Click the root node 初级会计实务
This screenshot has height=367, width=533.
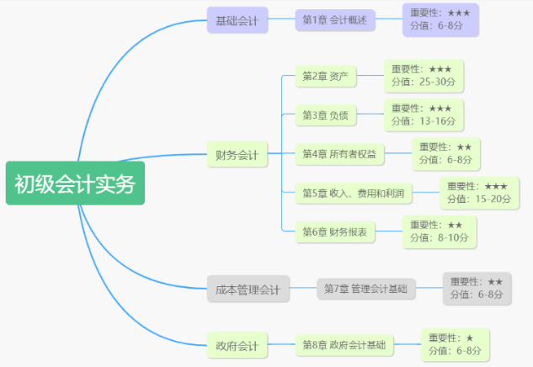[75, 183]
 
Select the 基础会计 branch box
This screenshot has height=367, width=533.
[237, 20]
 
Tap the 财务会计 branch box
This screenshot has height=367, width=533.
[237, 155]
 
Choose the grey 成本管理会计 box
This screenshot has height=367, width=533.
[248, 290]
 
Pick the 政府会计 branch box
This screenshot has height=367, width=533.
[237, 344]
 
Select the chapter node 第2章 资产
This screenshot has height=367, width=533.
[325, 77]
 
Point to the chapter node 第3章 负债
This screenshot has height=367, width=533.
[325, 114]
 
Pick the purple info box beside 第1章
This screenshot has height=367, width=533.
[440, 19]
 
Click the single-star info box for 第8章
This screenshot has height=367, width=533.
[455, 343]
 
